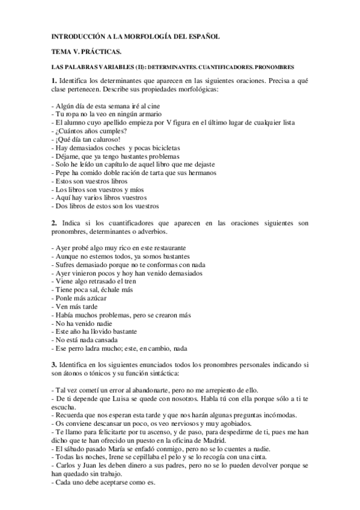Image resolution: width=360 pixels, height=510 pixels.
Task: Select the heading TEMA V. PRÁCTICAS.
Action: click(82, 52)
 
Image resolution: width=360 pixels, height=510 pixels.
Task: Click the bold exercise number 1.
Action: click(53, 81)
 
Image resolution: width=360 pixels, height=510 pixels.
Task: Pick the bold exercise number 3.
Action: click(53, 364)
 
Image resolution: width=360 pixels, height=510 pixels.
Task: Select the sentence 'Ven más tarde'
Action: click(76, 306)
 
